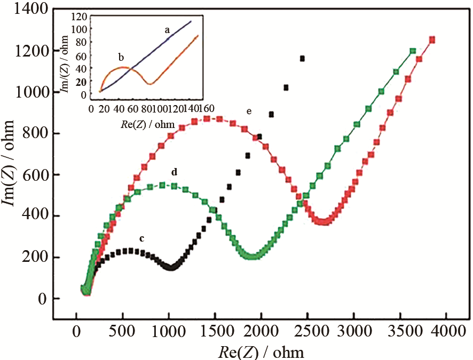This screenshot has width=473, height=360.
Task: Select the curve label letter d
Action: (x=174, y=172)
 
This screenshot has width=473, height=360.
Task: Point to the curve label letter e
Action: (x=249, y=111)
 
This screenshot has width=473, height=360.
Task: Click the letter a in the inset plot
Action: (x=167, y=30)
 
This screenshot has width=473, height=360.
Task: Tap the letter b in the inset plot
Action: (x=121, y=57)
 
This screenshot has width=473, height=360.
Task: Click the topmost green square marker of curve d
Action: (x=412, y=51)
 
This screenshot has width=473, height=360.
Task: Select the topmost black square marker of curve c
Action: (x=303, y=58)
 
